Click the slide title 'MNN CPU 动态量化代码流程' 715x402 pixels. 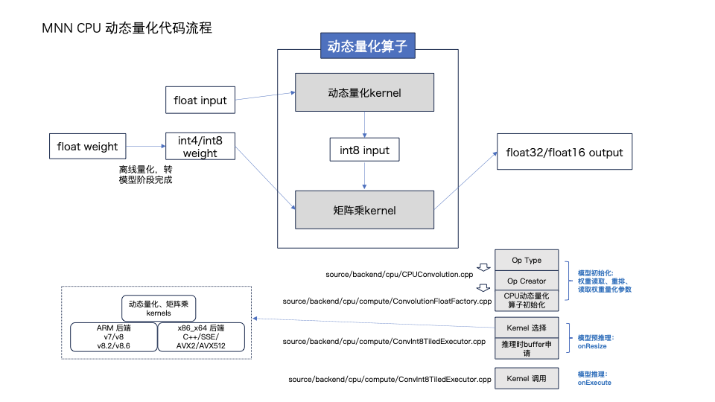[127, 28]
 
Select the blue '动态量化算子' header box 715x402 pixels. [367, 47]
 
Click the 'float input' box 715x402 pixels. [200, 100]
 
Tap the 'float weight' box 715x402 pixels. [87, 147]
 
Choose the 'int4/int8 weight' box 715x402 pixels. [200, 147]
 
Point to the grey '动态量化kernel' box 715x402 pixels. [364, 92]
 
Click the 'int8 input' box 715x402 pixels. [364, 150]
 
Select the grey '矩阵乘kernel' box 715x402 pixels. [364, 210]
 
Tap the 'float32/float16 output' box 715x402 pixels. [564, 153]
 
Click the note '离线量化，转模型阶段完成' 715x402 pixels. [145, 175]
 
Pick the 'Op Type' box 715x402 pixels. [527, 261]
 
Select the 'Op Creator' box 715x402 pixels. [527, 281]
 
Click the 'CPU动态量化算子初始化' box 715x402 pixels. [527, 301]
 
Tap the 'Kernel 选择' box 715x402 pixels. [527, 327]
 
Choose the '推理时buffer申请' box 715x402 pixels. [527, 348]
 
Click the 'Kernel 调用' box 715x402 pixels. [527, 379]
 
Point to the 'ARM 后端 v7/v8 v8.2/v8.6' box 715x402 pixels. [113, 337]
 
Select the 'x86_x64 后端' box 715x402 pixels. [200, 337]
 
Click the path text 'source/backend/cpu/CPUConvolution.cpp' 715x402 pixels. [400, 275]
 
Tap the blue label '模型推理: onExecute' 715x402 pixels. [594, 378]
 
